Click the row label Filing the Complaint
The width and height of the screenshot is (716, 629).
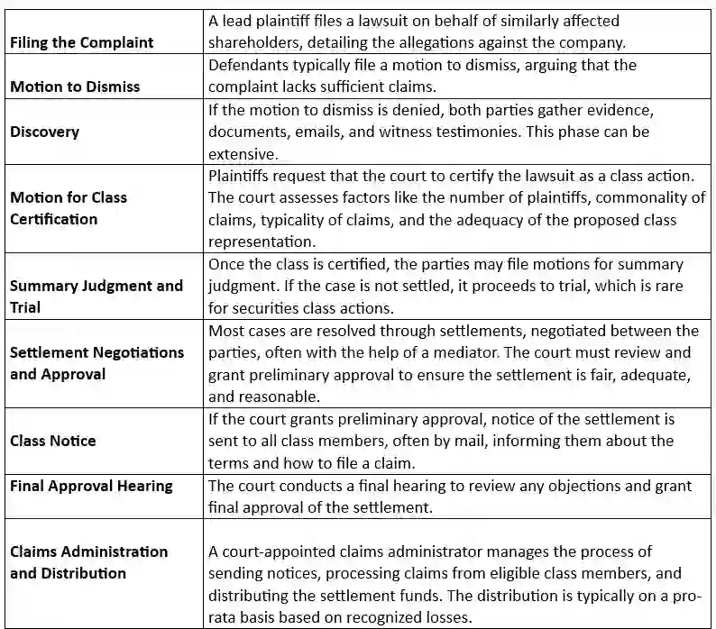click(x=82, y=42)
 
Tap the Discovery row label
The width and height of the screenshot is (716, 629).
click(x=45, y=132)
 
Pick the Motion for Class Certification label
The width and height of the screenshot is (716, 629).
click(x=69, y=208)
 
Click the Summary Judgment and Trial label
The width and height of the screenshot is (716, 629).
click(x=96, y=296)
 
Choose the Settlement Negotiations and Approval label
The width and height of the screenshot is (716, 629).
click(x=96, y=363)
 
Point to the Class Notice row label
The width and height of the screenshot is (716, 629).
click(x=53, y=441)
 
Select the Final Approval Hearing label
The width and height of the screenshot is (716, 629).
click(x=91, y=486)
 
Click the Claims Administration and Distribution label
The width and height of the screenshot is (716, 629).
click(x=88, y=562)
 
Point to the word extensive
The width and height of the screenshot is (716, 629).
click(x=242, y=154)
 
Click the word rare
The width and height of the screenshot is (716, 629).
click(x=665, y=287)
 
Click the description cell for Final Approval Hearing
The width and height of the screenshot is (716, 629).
click(x=457, y=497)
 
